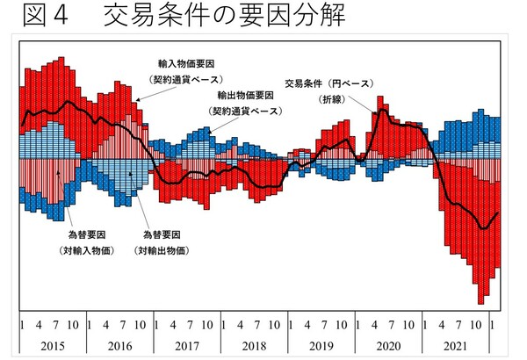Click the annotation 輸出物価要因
pos(244,97)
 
